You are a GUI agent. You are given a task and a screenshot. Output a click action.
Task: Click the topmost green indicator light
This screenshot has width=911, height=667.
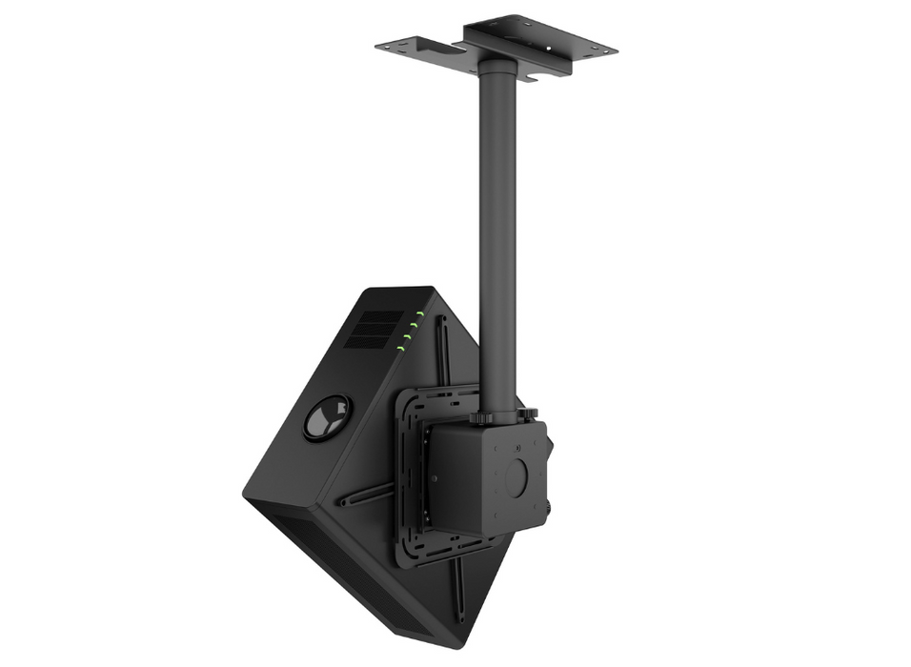(x=420, y=313)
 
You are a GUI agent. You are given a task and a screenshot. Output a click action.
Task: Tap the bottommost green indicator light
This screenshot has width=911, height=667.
(x=402, y=349)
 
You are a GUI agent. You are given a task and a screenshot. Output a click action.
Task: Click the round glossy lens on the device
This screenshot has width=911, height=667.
(x=327, y=418)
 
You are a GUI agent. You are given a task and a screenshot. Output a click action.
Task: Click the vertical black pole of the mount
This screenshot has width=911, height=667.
(x=497, y=238)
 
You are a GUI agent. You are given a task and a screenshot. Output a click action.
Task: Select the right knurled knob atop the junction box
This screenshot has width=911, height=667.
(x=527, y=414)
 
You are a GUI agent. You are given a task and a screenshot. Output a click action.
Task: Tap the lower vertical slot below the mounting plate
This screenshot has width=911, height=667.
(x=458, y=595)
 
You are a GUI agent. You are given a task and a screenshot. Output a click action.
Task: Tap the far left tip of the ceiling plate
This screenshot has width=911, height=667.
(x=377, y=44)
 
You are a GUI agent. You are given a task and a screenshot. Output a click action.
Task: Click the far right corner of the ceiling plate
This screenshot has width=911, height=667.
(x=616, y=48)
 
